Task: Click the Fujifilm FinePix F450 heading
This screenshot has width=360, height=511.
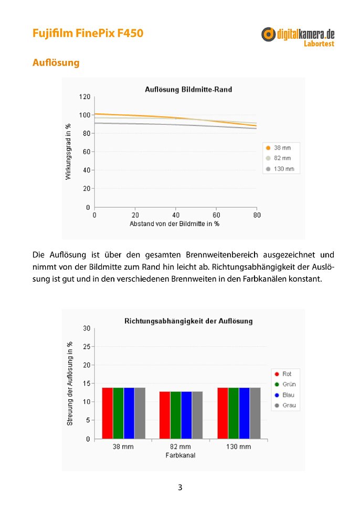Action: click(88, 33)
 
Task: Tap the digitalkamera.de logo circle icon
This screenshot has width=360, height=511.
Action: click(268, 34)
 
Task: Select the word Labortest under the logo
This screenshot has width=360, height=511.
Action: click(319, 44)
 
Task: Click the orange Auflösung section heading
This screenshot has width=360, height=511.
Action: click(56, 62)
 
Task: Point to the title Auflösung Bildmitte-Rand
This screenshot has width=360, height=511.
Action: click(188, 90)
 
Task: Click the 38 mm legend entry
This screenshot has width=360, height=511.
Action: click(279, 147)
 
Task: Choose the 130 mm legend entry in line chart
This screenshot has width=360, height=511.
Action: click(280, 169)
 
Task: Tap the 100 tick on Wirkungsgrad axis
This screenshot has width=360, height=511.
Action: click(84, 115)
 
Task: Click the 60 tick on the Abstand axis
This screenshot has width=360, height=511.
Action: click(216, 215)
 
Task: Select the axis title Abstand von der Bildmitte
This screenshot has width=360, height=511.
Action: click(174, 224)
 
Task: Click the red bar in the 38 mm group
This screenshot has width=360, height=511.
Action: click(107, 413)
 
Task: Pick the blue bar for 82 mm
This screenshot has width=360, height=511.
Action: click(186, 415)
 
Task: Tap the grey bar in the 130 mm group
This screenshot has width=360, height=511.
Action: click(256, 413)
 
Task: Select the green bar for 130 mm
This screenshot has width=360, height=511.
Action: click(234, 413)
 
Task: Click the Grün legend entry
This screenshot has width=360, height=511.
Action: click(285, 384)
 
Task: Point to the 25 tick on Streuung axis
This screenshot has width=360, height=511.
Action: click(87, 347)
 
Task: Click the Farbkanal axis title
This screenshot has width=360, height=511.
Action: click(181, 455)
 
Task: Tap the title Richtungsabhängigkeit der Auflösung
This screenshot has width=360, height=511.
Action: click(188, 321)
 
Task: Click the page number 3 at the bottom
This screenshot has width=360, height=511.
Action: click(180, 487)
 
